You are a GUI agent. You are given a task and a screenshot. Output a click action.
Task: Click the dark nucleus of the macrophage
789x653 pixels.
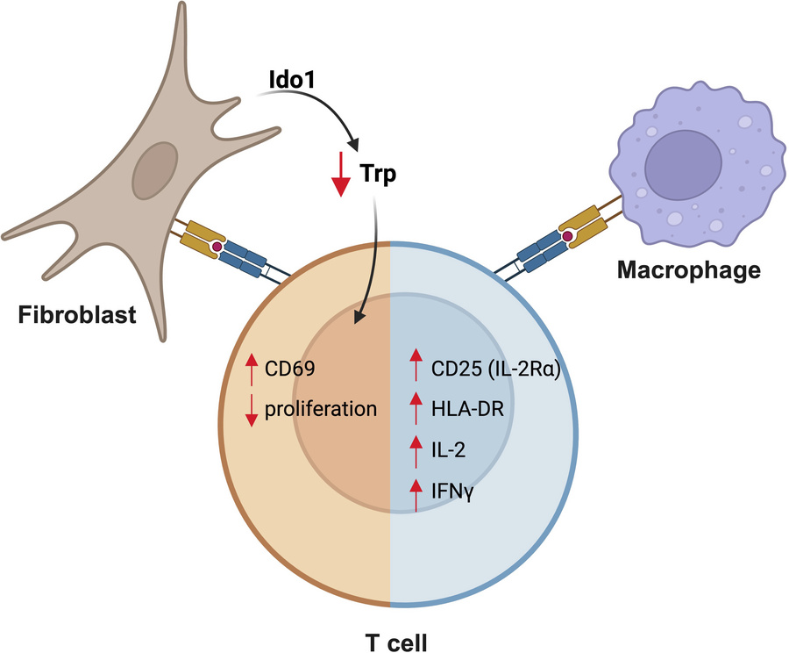(684, 161)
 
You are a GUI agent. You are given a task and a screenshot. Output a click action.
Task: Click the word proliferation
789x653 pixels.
(322, 408)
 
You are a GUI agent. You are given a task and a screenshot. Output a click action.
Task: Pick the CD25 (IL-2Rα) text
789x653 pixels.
(496, 372)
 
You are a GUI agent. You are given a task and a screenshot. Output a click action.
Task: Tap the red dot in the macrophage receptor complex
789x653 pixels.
(568, 236)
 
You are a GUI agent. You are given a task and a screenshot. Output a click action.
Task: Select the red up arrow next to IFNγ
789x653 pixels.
(416, 495)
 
